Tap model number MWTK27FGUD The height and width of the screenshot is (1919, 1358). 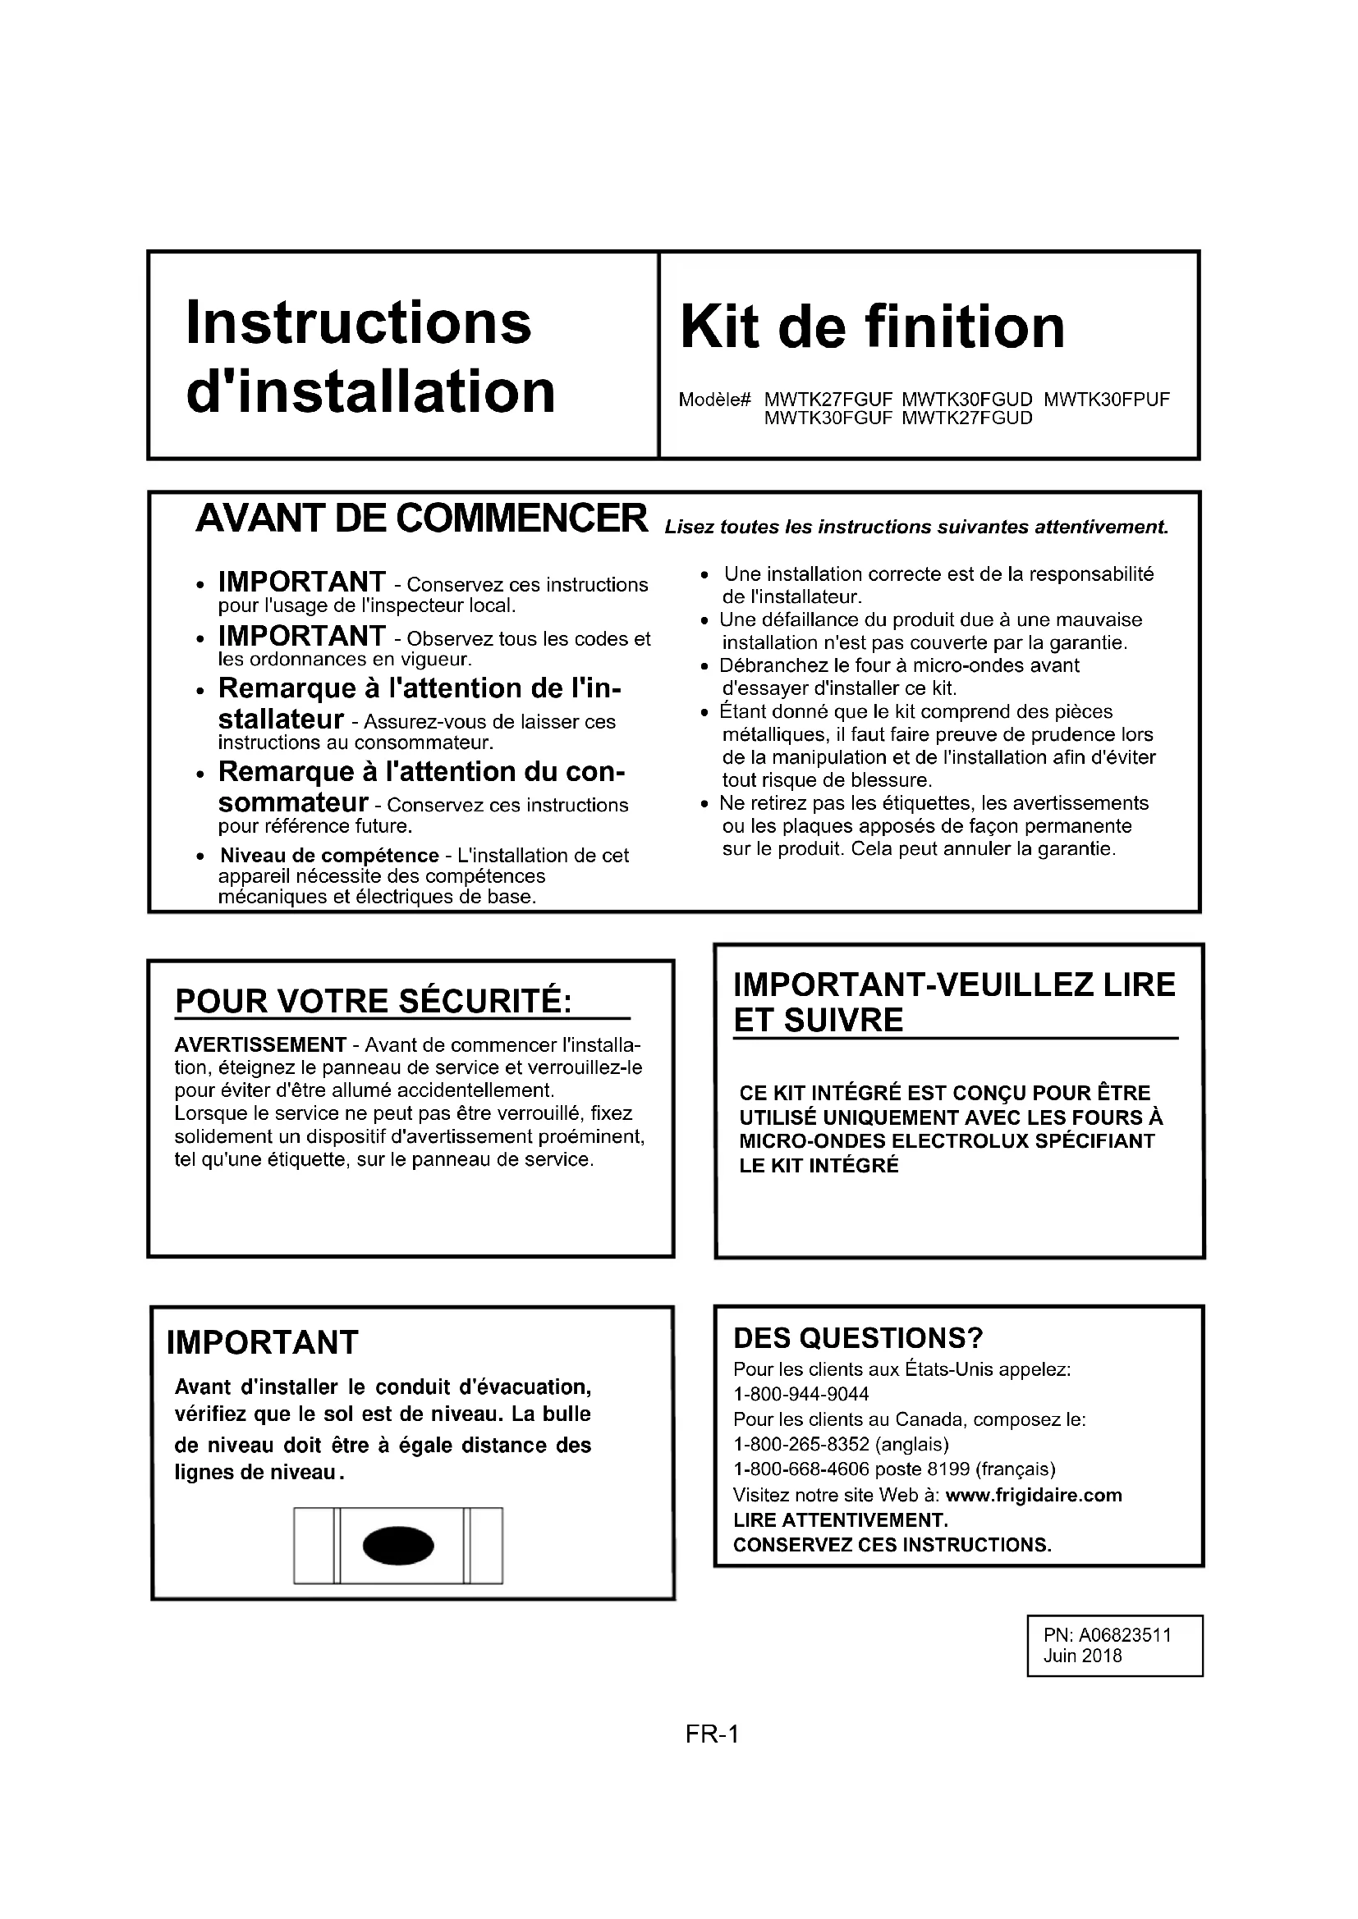click(966, 418)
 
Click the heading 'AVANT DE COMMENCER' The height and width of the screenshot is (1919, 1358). click(421, 519)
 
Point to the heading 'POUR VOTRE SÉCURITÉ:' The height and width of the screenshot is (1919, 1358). click(373, 1001)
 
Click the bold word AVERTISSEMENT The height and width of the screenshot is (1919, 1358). click(260, 1044)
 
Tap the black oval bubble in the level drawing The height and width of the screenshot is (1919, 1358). click(398, 1545)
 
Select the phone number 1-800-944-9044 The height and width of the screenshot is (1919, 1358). click(801, 1394)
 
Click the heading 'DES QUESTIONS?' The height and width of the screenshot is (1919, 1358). click(858, 1339)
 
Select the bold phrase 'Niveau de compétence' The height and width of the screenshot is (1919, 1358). click(328, 856)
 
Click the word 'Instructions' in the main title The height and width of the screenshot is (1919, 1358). click(358, 322)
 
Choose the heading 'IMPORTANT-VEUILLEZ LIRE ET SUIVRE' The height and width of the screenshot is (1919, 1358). click(953, 1002)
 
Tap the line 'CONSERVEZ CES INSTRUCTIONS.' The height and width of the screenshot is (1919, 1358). click(892, 1545)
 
